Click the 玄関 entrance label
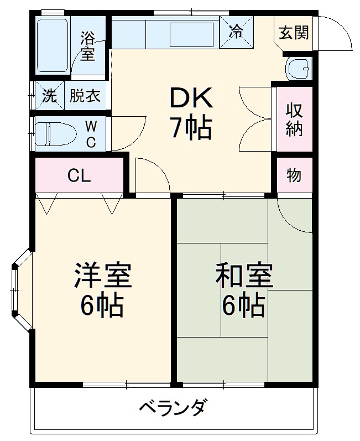(294, 33)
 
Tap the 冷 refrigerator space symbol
(236, 32)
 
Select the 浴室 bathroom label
(87, 46)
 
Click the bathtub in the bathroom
(53, 46)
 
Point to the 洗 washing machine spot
(49, 96)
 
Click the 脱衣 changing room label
(85, 96)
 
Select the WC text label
(91, 134)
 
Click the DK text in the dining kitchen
(191, 98)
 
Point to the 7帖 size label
(191, 128)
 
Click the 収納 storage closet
(294, 118)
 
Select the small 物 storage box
(294, 175)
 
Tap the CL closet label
(79, 176)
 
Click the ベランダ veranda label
(173, 409)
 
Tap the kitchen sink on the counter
(191, 34)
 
